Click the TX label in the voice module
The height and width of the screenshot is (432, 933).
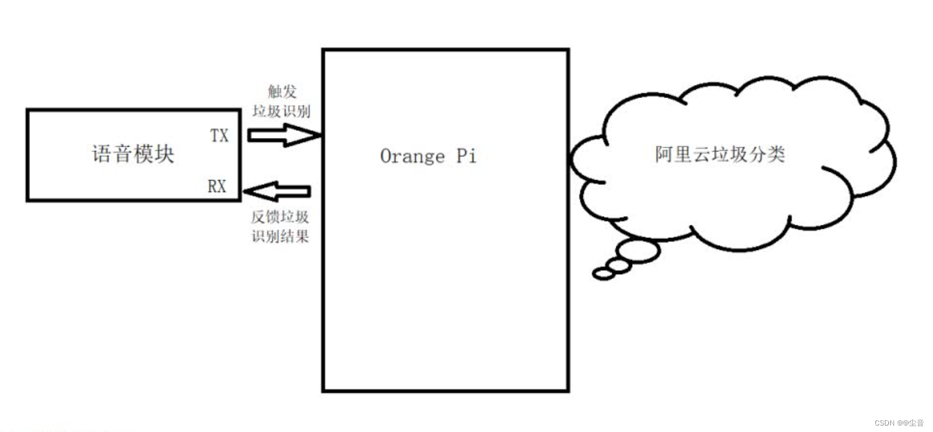pyautogui.click(x=219, y=136)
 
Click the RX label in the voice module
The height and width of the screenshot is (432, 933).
pyautogui.click(x=217, y=186)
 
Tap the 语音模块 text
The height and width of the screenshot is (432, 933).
pyautogui.click(x=133, y=154)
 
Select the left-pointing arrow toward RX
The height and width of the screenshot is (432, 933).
pyautogui.click(x=277, y=191)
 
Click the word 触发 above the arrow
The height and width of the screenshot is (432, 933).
pyautogui.click(x=282, y=92)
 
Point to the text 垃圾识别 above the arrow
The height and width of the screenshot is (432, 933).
pyautogui.click(x=281, y=111)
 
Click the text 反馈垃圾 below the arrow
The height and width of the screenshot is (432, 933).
pyautogui.click(x=280, y=217)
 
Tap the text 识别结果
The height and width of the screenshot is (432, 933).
pyautogui.click(x=280, y=236)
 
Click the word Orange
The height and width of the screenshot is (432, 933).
pyautogui.click(x=412, y=156)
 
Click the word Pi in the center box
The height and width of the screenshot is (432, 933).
pyautogui.click(x=466, y=156)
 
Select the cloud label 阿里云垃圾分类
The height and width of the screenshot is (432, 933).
pyautogui.click(x=720, y=154)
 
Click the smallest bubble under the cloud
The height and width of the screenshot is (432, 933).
pyautogui.click(x=603, y=274)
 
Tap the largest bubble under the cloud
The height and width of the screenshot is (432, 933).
pyautogui.click(x=639, y=251)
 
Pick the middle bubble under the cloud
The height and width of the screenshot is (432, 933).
pyautogui.click(x=619, y=266)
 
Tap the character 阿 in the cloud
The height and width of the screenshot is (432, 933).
pyautogui.click(x=664, y=154)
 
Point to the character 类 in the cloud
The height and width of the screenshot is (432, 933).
pyautogui.click(x=776, y=154)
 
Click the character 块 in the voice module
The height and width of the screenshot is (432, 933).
pyautogui.click(x=165, y=154)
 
